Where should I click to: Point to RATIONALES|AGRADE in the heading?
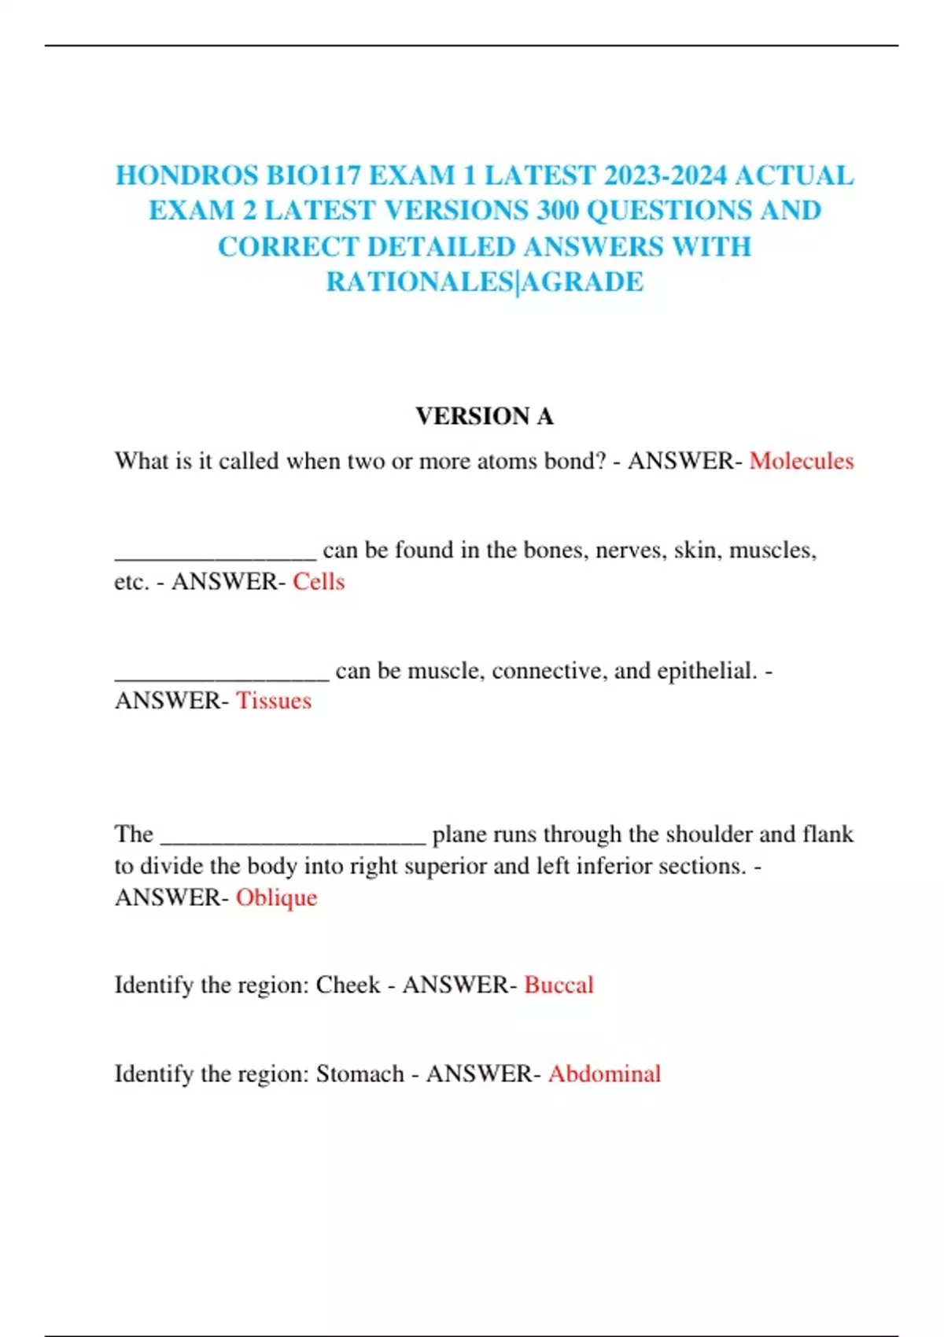pos(485,282)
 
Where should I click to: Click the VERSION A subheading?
pos(485,416)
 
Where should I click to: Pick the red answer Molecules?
pos(801,461)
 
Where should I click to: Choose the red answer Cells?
pos(319,582)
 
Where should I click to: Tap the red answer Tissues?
pos(274,701)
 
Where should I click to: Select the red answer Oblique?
pos(276,897)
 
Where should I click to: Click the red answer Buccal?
pos(559,985)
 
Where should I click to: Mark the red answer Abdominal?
pos(604,1074)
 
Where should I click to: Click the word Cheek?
pos(348,985)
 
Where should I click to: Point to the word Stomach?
pos(360,1074)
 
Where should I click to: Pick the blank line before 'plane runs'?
pos(293,838)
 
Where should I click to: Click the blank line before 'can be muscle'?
pos(222,675)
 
